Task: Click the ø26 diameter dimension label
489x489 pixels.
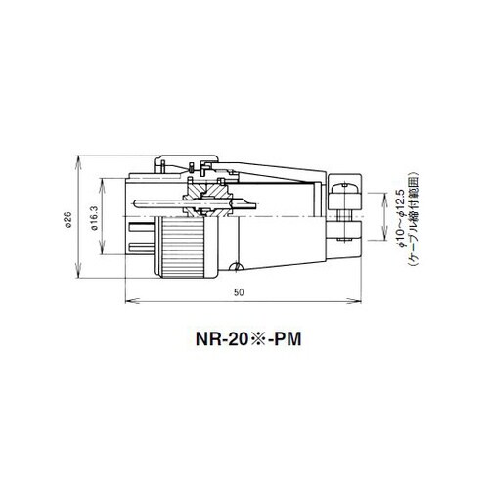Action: tap(67, 219)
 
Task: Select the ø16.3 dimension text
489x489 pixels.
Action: tap(95, 217)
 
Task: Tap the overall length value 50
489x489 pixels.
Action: tap(239, 292)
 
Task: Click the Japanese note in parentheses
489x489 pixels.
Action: tap(414, 217)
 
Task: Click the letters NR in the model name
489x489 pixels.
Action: tap(204, 339)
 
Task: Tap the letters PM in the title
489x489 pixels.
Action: tap(288, 339)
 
